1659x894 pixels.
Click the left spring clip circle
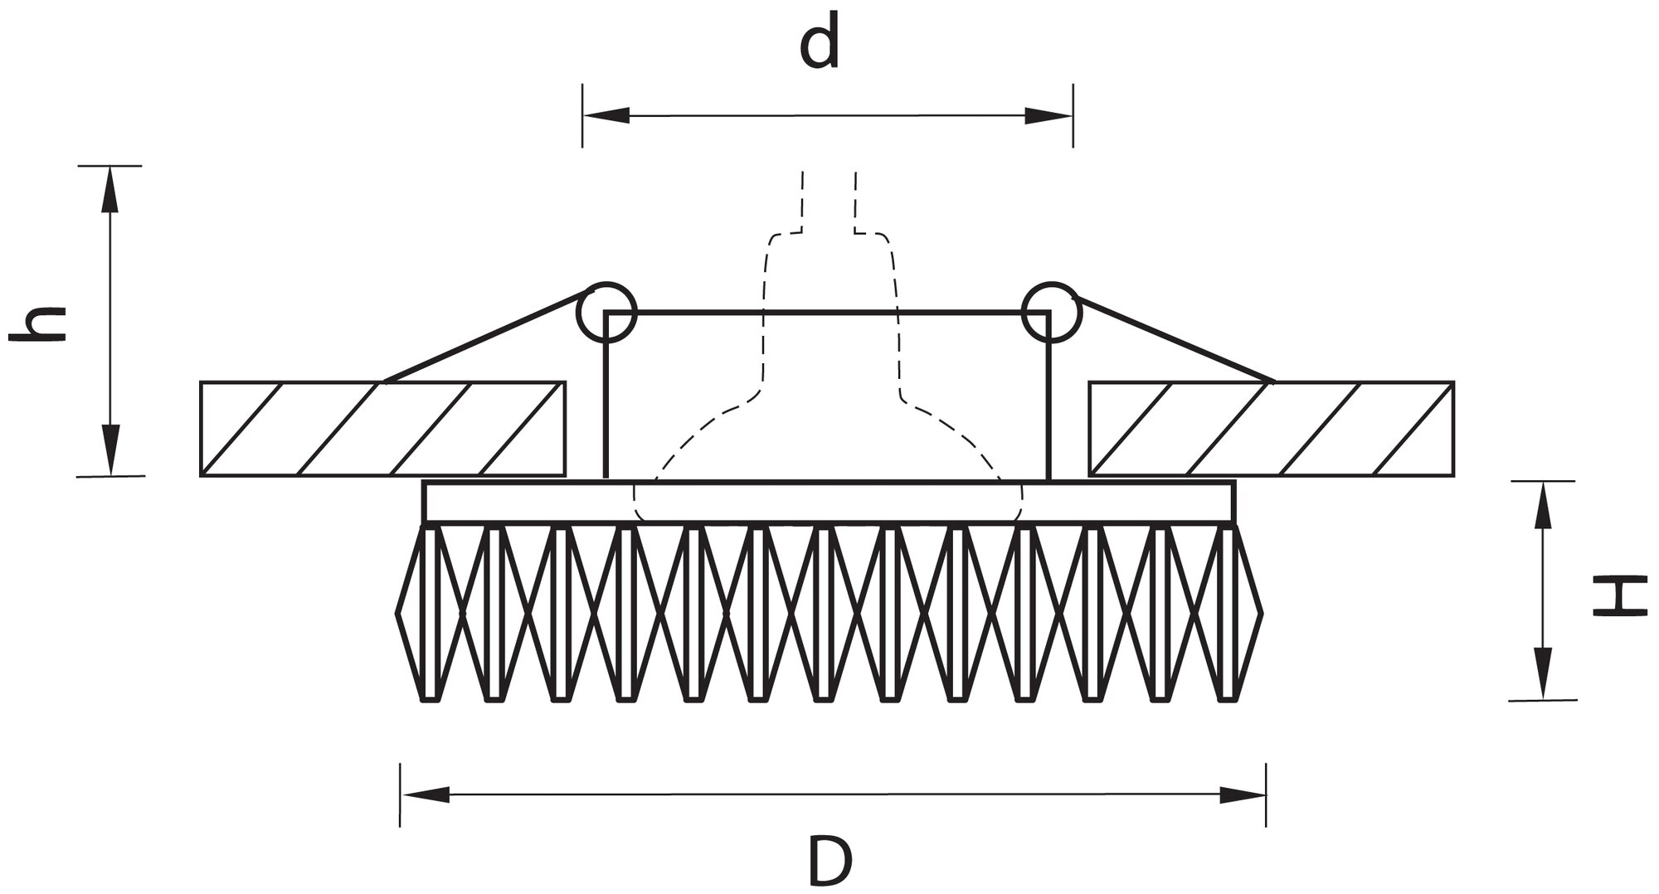point(607,313)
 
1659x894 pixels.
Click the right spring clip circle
point(1051,313)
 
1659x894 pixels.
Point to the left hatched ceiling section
point(383,429)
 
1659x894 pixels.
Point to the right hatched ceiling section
point(1272,429)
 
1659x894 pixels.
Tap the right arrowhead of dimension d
point(1050,116)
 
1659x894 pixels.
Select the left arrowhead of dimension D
point(425,794)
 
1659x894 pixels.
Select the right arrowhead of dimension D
point(1242,794)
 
